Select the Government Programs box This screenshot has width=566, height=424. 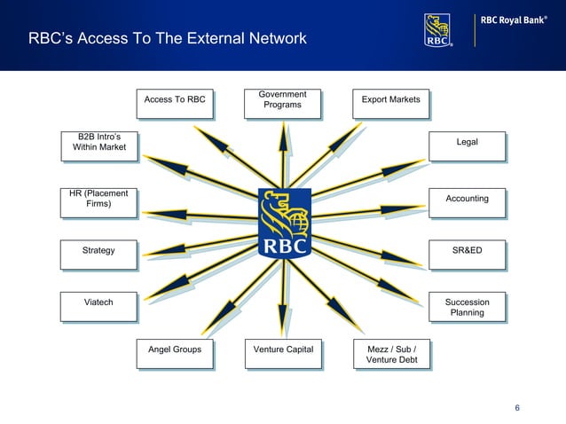(282, 102)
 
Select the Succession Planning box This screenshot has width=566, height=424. (467, 307)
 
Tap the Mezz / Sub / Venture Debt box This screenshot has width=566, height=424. (390, 354)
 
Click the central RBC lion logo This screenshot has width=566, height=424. (283, 223)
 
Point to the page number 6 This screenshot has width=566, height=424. (517, 407)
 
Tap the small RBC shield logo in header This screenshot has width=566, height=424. (438, 28)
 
